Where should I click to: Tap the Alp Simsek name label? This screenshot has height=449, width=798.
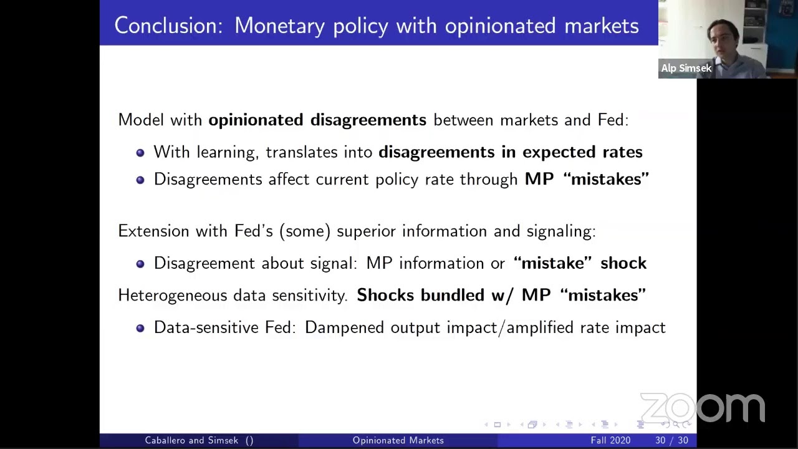pyautogui.click(x=686, y=68)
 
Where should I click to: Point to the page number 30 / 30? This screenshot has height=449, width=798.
pyautogui.click(x=671, y=440)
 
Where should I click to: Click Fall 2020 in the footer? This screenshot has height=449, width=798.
pyautogui.click(x=610, y=440)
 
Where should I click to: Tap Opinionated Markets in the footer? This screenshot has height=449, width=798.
pyautogui.click(x=398, y=440)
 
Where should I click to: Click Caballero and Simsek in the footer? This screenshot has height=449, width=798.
pyautogui.click(x=191, y=440)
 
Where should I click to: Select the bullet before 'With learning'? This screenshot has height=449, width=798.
pyautogui.click(x=140, y=152)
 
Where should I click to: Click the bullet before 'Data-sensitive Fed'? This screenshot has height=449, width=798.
pyautogui.click(x=140, y=328)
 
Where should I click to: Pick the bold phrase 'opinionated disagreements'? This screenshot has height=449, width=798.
pyautogui.click(x=317, y=120)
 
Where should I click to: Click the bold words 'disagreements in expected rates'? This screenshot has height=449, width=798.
pyautogui.click(x=510, y=152)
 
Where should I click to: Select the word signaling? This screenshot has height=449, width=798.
pyautogui.click(x=560, y=231)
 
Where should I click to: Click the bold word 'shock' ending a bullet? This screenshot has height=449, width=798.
pyautogui.click(x=623, y=263)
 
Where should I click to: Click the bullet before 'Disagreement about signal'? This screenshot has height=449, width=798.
pyautogui.click(x=140, y=264)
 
